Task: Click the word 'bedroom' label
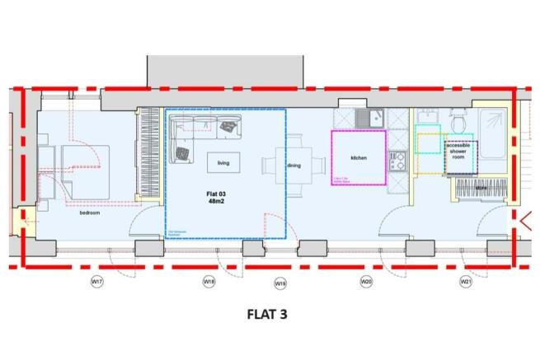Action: click(89, 213)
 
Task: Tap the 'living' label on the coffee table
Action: click(223, 163)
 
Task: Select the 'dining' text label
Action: click(293, 166)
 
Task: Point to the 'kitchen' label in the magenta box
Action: click(358, 157)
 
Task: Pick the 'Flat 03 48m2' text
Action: click(216, 199)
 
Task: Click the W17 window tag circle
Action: click(96, 283)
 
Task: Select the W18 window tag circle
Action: click(209, 283)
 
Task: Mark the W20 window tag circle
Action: click(366, 283)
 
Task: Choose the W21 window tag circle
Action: click(465, 283)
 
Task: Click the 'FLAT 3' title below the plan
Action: click(269, 314)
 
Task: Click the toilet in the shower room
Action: click(457, 123)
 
